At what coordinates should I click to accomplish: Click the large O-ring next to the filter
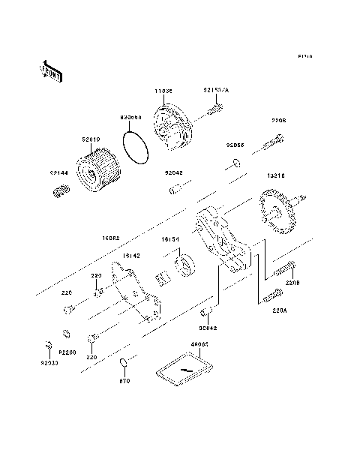pos(136,145)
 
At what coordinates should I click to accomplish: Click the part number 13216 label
pos(275,175)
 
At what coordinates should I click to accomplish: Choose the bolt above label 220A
pos(271,294)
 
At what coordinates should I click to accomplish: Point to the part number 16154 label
pos(171,240)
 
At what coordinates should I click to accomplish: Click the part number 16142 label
pos(130,256)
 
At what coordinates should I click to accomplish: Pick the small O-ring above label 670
pos(123,365)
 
